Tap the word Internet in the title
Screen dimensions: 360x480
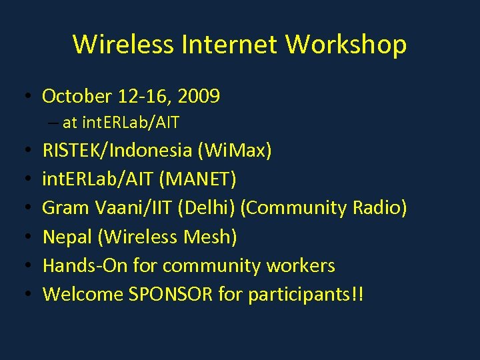coord(232,45)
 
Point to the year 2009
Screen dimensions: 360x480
coord(198,97)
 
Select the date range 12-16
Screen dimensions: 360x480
coord(143,97)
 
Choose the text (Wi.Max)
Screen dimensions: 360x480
coord(235,151)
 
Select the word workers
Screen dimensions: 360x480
coord(299,265)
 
